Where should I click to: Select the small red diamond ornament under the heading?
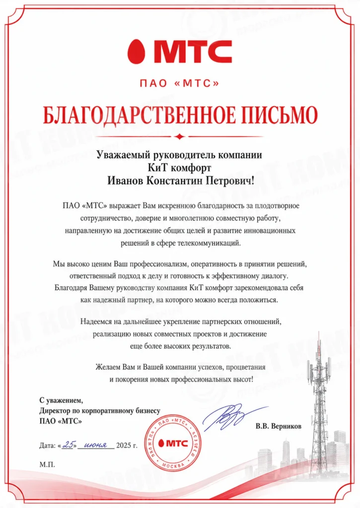(x=180, y=136)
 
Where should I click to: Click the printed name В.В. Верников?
(x=279, y=426)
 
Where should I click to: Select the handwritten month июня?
(x=96, y=444)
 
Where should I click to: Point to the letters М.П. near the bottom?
(x=48, y=465)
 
